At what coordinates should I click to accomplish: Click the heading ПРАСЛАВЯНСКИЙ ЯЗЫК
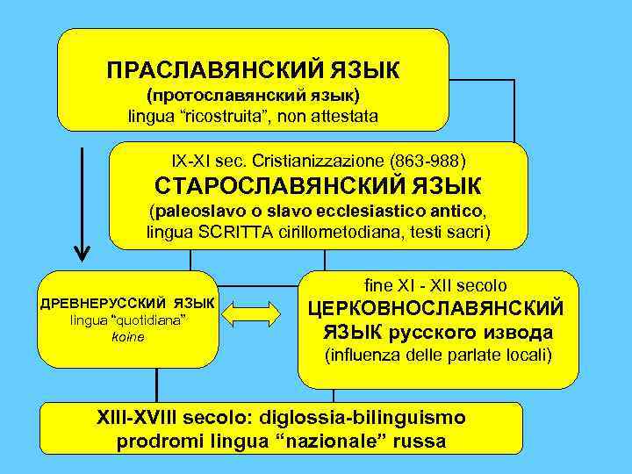click(253, 68)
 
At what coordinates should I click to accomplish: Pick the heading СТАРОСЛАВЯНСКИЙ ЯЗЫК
click(318, 187)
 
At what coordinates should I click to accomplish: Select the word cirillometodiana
click(333, 232)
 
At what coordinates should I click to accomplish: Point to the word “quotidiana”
click(147, 320)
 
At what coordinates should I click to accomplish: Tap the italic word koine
click(129, 336)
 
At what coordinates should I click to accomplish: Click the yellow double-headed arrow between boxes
click(257, 312)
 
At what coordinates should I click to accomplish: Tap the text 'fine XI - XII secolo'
click(435, 285)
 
